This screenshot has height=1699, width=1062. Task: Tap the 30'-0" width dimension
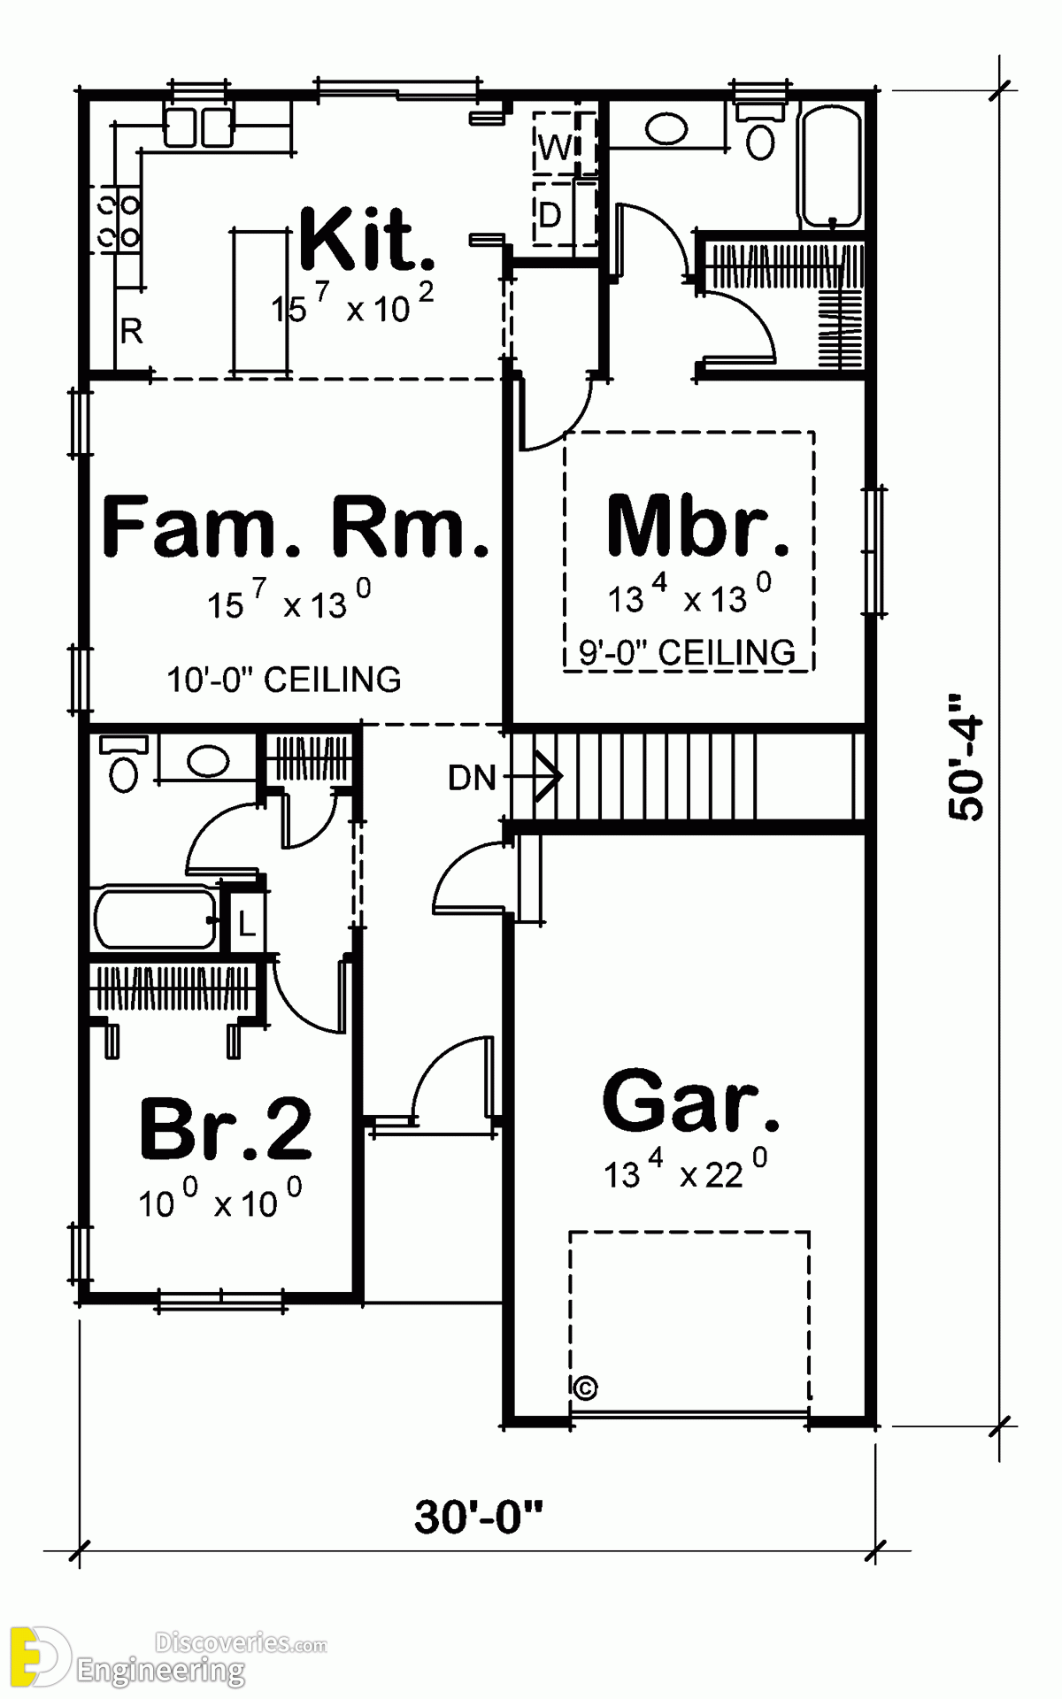(478, 1517)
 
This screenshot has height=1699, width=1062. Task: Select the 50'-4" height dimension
(966, 758)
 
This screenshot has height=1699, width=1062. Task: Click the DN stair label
(472, 778)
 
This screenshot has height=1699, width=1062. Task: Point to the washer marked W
(556, 147)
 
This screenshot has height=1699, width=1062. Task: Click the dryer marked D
(551, 214)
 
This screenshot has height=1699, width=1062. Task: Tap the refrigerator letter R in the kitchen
(132, 332)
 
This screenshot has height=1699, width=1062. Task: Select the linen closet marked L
(246, 926)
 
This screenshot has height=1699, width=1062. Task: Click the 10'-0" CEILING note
(284, 680)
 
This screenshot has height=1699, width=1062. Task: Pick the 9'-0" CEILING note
(688, 653)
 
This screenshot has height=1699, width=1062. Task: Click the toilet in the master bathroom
(760, 132)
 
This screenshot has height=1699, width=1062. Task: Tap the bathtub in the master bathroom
(831, 167)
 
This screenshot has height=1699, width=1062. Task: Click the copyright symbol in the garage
(586, 1387)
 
